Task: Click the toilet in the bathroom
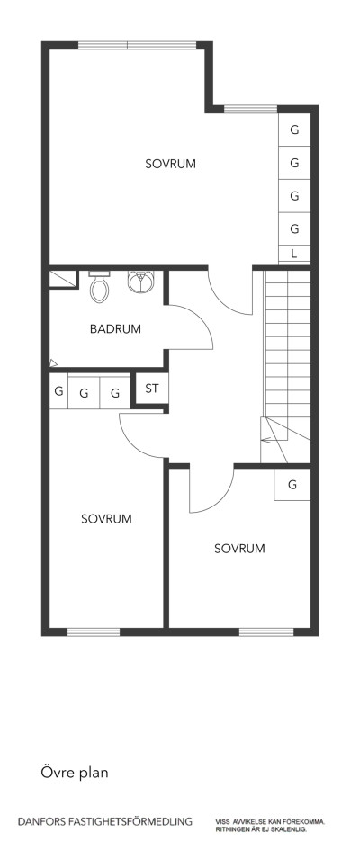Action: (x=100, y=288)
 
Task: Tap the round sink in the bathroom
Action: (x=139, y=282)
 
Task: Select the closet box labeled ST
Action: (x=151, y=389)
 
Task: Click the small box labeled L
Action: (x=294, y=255)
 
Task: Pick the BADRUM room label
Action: (x=115, y=329)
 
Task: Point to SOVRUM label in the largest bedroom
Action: (x=170, y=164)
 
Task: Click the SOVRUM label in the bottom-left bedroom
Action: (x=106, y=519)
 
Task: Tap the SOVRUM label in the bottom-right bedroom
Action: (x=239, y=548)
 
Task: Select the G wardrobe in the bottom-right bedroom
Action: (x=292, y=485)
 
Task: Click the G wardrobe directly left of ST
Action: (x=115, y=393)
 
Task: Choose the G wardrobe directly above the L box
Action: (x=294, y=228)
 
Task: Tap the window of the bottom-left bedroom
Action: (x=94, y=631)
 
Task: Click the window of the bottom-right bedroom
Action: (x=265, y=631)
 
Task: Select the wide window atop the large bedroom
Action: (x=137, y=45)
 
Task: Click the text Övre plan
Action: (x=75, y=772)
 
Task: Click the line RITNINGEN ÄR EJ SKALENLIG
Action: (x=261, y=828)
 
